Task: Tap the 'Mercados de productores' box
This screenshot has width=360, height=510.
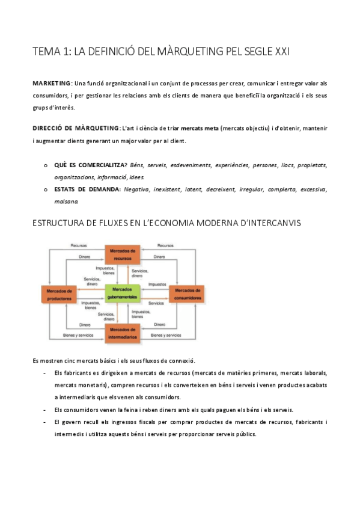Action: click(59, 293)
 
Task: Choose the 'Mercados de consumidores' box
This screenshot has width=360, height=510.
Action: click(186, 293)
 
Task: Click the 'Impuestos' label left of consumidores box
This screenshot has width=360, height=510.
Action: click(157, 284)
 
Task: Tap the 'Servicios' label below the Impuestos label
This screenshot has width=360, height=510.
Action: click(156, 303)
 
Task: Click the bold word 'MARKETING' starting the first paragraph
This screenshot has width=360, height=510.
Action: click(52, 83)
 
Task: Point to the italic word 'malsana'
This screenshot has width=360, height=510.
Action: click(66, 202)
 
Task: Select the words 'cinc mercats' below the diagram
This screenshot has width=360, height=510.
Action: click(83, 361)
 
